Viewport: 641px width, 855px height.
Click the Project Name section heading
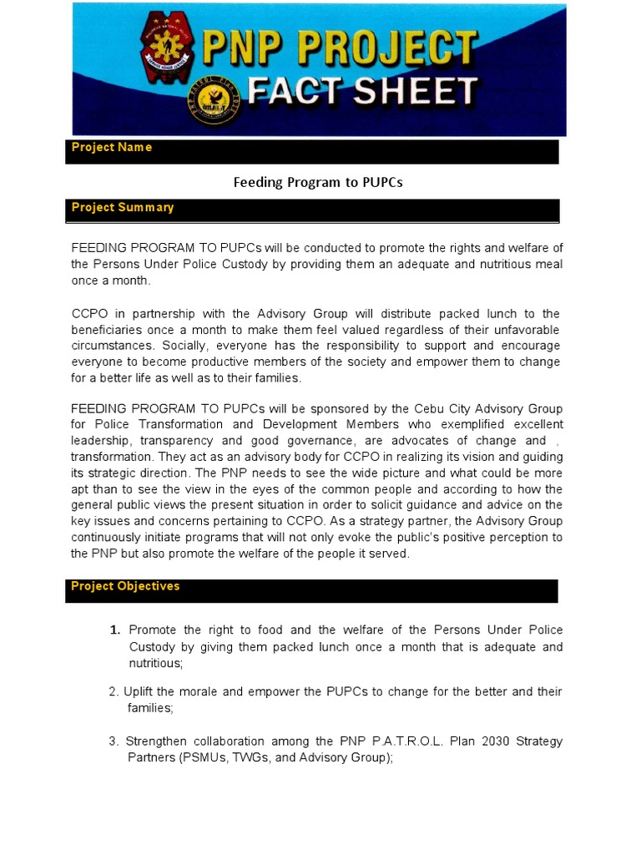tap(112, 148)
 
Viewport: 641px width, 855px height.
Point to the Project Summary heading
tap(123, 208)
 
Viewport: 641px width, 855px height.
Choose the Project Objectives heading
tap(125, 586)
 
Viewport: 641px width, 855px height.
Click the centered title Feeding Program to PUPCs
tap(318, 182)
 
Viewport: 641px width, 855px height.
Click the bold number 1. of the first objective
tap(115, 630)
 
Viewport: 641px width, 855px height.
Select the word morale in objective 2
tap(192, 692)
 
